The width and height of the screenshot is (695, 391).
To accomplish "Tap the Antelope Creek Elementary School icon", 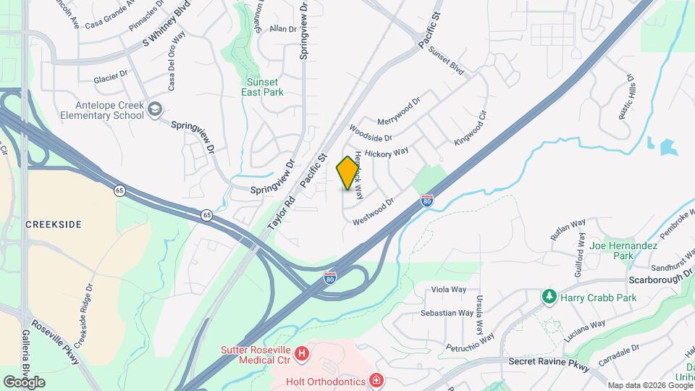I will (x=154, y=109).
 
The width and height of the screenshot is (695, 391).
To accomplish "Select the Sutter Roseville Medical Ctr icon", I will (x=303, y=354).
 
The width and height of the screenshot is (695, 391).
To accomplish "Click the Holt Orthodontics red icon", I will (x=376, y=380).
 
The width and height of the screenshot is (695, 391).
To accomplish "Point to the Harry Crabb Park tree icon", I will (x=549, y=297).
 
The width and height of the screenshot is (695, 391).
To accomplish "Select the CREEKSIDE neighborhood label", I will (x=54, y=224).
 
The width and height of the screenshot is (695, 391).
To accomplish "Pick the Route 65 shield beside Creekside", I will (x=118, y=190).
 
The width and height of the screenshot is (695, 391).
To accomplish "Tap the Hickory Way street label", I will (x=387, y=153).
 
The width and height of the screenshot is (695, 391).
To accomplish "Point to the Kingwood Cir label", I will (x=471, y=127).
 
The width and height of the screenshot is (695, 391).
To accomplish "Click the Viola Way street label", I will (x=449, y=290).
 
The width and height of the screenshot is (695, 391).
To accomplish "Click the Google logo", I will (x=24, y=382).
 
